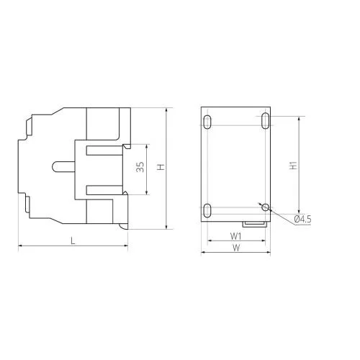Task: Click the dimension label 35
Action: coord(140,167)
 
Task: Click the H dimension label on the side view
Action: coord(161,167)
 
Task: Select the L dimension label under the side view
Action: coord(73,240)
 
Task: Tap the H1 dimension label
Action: coord(293,166)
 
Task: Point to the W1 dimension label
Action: coord(236,236)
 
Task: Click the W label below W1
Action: coord(236,248)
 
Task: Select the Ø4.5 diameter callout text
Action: coord(302,219)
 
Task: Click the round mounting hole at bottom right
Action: coord(265,207)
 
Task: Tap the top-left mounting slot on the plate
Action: coord(207,122)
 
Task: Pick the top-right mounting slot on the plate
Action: coord(266,120)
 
